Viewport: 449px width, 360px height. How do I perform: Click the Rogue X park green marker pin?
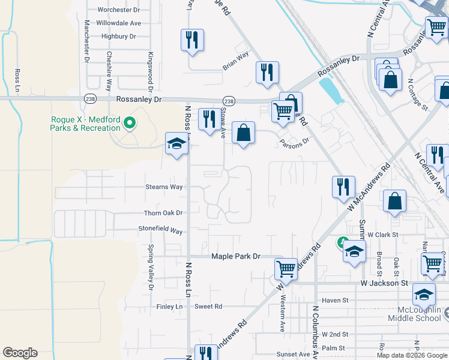[x=128, y=124]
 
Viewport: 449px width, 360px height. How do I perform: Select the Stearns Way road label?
[x=164, y=187]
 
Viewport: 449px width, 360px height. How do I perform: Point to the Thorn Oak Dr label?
[x=163, y=213]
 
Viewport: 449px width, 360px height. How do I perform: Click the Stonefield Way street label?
[x=160, y=230]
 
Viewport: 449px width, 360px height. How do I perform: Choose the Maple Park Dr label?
[x=235, y=256]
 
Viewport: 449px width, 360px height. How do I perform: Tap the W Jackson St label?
[x=384, y=283]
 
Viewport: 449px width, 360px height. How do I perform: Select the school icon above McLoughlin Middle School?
[x=424, y=295]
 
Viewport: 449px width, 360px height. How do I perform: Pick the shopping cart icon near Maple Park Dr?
[x=286, y=268]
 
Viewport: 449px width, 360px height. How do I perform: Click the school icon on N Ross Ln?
[x=176, y=143]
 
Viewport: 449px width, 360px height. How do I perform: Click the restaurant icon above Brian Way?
[x=192, y=40]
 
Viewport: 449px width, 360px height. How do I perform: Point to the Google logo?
[x=20, y=353]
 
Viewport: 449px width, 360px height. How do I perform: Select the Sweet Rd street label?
[x=208, y=306]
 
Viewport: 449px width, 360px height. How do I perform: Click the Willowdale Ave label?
[x=120, y=23]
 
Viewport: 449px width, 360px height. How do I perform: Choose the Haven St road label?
[x=335, y=300]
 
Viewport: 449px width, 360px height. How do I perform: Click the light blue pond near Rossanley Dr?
[x=328, y=91]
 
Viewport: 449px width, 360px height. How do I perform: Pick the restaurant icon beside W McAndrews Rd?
[x=343, y=187]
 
